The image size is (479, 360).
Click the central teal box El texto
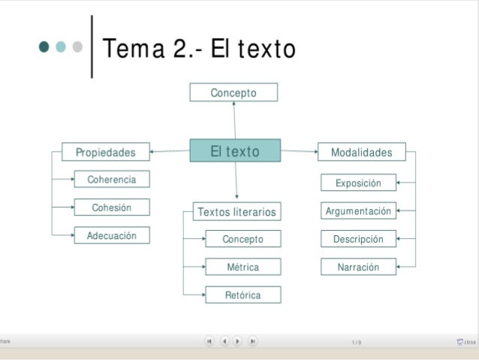coord(235,150)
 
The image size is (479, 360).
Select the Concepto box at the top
coord(233,92)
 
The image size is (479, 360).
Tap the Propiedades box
coord(106,152)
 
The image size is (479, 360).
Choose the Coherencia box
coord(112,180)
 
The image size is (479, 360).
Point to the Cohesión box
coord(112,207)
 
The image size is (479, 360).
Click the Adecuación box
coord(112,235)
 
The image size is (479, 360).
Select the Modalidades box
coord(362,152)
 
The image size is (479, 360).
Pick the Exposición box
coord(358,183)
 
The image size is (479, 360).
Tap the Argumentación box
coord(358,211)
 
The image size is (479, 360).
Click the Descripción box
coord(358,239)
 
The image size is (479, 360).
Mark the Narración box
coord(358,267)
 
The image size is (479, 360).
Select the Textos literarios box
coord(236,212)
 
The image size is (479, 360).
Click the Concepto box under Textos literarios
coord(243,239)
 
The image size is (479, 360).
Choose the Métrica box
coord(243,267)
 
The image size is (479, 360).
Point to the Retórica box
coord(243,295)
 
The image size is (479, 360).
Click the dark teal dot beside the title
coord(44,47)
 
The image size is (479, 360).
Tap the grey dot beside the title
coord(77,47)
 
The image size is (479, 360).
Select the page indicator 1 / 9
coord(356,342)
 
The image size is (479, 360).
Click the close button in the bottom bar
coord(466,342)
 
